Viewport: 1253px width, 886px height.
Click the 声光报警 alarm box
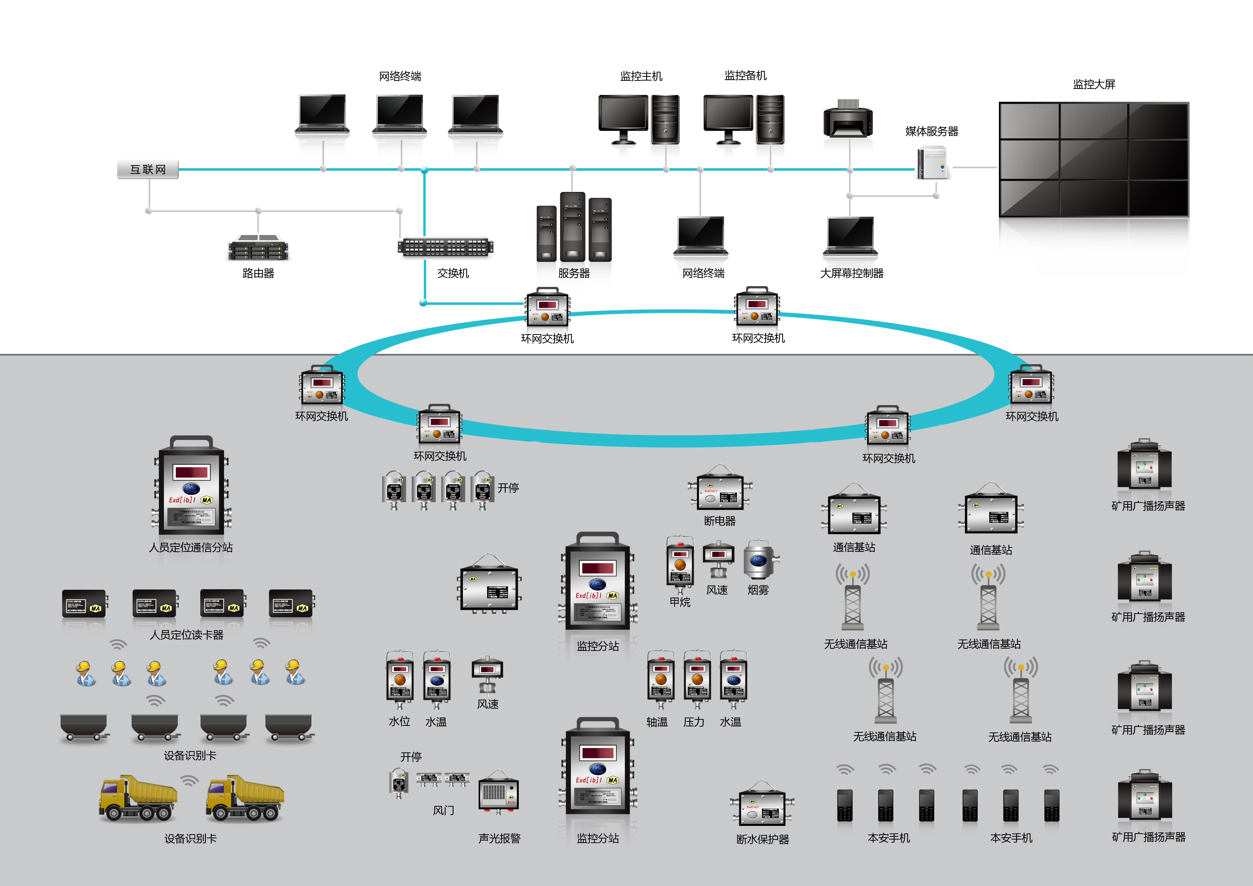coord(498,794)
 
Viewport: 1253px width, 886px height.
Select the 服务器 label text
coord(574,273)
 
